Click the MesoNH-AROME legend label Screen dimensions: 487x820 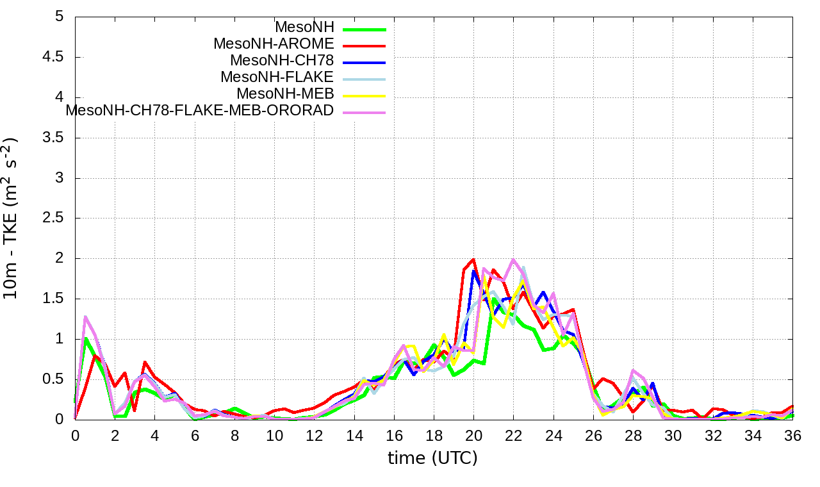274,44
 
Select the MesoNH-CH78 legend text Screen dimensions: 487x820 282,61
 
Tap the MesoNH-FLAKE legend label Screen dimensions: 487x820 277,77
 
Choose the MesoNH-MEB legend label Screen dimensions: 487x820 285,94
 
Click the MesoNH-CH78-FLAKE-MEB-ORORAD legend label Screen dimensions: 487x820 200,110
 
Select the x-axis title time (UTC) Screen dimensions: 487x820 432,458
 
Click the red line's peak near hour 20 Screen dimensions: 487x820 473,260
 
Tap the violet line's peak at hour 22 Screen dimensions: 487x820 513,260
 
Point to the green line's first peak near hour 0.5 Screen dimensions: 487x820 85,338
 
